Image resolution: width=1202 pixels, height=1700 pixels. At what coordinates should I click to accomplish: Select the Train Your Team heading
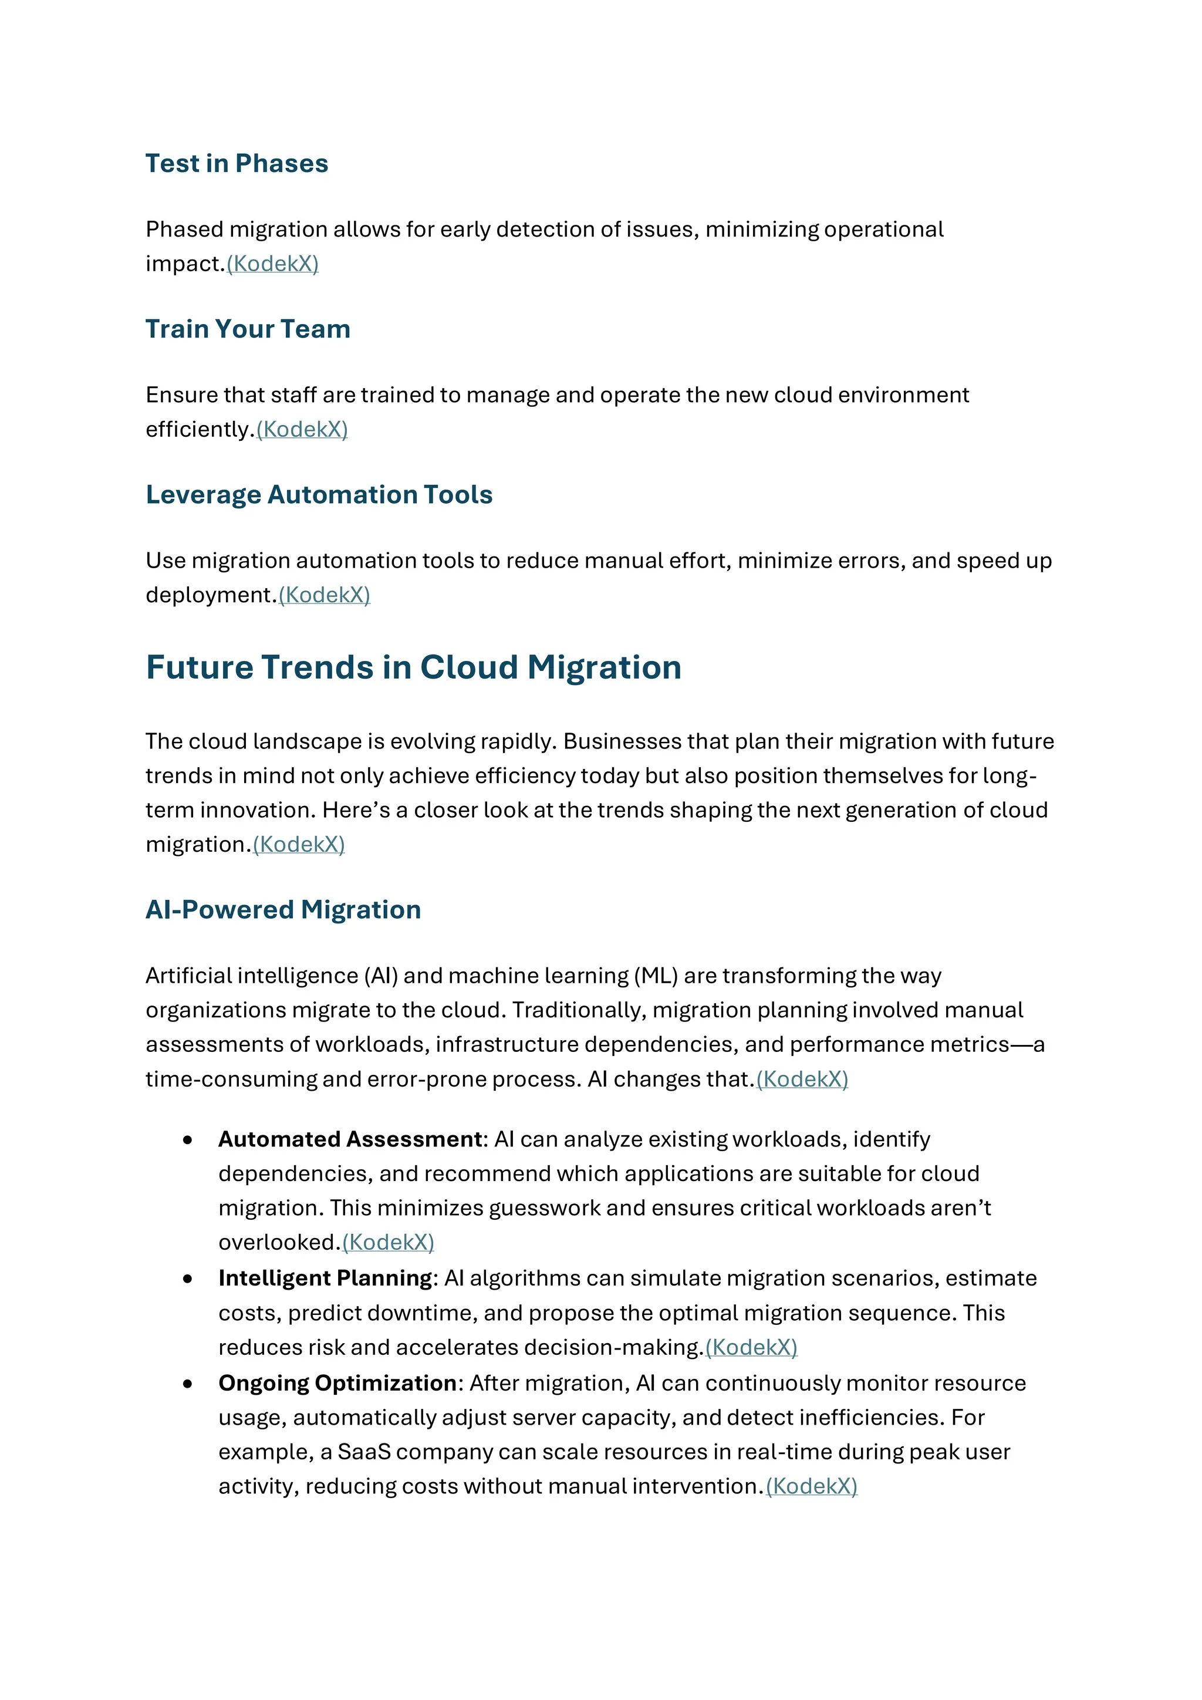247,329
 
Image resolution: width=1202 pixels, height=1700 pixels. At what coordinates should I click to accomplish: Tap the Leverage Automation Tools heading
319,495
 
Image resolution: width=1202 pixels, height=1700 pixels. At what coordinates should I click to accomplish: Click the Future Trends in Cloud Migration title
413,667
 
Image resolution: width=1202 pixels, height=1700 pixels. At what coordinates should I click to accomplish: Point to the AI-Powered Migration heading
283,909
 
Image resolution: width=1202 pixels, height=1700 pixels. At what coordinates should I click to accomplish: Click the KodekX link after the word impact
272,264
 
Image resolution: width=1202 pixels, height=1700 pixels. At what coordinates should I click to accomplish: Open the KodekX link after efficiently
302,430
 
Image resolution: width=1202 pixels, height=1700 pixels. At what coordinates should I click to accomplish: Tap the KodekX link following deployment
324,595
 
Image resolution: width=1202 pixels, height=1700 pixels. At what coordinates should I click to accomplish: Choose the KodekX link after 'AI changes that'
802,1080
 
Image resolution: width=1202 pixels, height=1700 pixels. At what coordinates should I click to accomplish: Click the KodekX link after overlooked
388,1243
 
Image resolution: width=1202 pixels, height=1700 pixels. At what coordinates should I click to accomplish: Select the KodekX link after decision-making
751,1348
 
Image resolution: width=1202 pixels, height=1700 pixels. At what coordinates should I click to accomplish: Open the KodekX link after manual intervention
811,1487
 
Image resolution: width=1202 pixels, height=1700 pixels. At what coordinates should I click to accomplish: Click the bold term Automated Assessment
350,1139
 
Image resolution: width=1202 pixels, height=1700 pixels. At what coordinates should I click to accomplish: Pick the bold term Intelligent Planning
325,1279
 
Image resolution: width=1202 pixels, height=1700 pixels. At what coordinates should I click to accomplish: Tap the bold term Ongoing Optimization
337,1383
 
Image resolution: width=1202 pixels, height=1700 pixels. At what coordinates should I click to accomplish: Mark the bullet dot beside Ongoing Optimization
188,1384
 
